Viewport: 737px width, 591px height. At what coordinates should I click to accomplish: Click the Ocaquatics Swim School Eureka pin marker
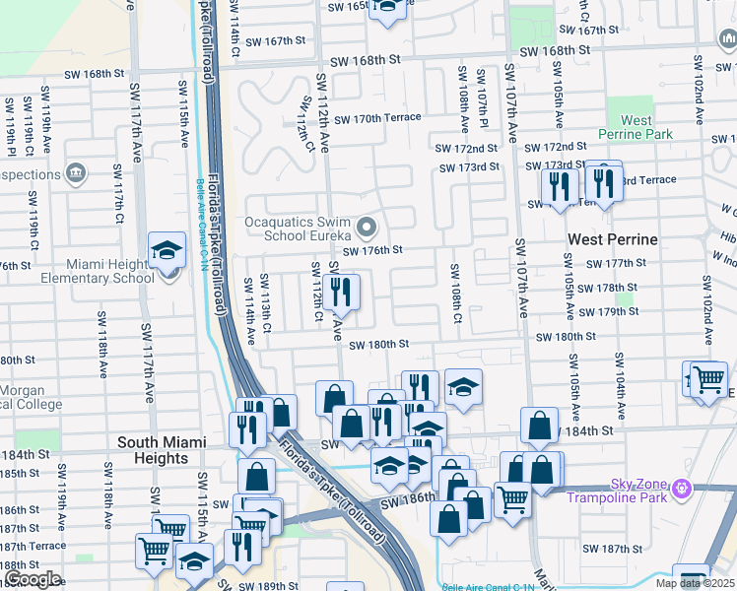(x=368, y=229)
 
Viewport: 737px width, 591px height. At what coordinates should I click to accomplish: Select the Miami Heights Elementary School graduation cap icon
(x=167, y=252)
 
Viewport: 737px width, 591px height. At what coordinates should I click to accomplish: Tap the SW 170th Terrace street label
(x=377, y=118)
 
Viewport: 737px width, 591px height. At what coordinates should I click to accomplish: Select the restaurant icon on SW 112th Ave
(x=341, y=293)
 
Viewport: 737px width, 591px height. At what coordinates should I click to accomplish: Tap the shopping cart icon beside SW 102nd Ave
(x=707, y=379)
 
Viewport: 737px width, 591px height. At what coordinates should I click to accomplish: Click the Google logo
(x=32, y=579)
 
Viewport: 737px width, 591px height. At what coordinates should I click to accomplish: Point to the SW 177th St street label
(x=616, y=263)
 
